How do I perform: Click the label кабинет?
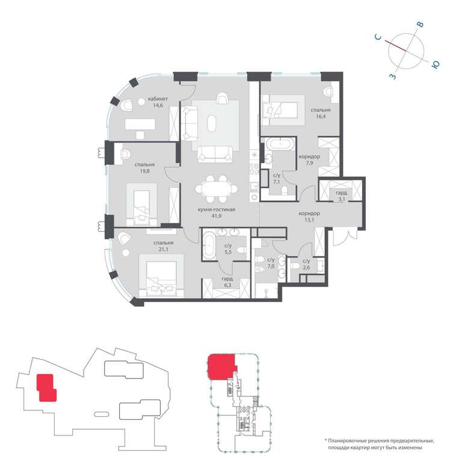pyautogui.click(x=158, y=99)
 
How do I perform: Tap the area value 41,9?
pyautogui.click(x=217, y=216)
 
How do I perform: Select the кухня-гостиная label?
pyautogui.click(x=217, y=209)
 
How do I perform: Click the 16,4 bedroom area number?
pyautogui.click(x=321, y=116)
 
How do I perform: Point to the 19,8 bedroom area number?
pyautogui.click(x=144, y=171)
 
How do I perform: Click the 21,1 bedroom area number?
pyautogui.click(x=163, y=249)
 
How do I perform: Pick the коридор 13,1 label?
pyautogui.click(x=309, y=217)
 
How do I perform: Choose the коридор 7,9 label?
pyautogui.click(x=309, y=159)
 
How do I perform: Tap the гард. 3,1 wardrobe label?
pyautogui.click(x=342, y=196)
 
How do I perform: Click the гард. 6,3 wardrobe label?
pyautogui.click(x=228, y=282)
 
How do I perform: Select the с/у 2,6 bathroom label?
pyautogui.click(x=306, y=264)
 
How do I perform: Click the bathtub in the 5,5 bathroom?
pyautogui.click(x=209, y=245)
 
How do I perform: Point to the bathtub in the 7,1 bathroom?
pyautogui.click(x=280, y=144)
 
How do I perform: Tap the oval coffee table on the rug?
pyautogui.click(x=212, y=123)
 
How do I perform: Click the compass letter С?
pyautogui.click(x=378, y=37)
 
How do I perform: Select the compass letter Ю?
pyautogui.click(x=436, y=64)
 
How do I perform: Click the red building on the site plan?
pyautogui.click(x=46, y=387)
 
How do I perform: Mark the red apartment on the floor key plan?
pyautogui.click(x=221, y=367)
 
